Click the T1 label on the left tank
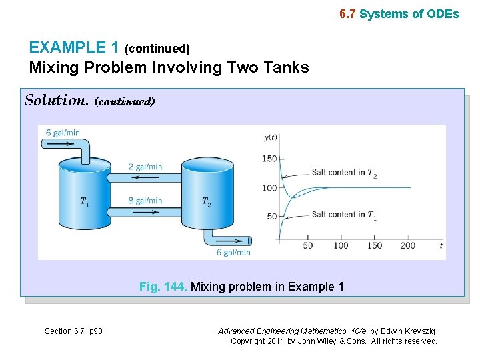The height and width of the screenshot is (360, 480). pyautogui.click(x=85, y=201)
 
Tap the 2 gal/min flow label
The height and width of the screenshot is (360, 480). pyautogui.click(x=145, y=167)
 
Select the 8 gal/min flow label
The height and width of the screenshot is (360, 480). pyautogui.click(x=145, y=201)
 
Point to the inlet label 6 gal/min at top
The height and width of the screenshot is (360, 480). pyautogui.click(x=63, y=133)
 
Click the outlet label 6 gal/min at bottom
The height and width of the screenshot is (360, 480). pyautogui.click(x=233, y=252)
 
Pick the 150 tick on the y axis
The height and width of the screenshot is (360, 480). pyautogui.click(x=269, y=159)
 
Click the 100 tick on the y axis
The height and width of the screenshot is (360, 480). pyautogui.click(x=269, y=188)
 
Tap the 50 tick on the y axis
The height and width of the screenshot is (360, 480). pyautogui.click(x=272, y=217)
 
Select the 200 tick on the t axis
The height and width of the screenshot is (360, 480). pyautogui.click(x=408, y=245)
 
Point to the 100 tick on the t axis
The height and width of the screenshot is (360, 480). pyautogui.click(x=341, y=245)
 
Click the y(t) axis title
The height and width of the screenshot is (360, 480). pyautogui.click(x=271, y=138)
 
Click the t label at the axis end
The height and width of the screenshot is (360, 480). pyautogui.click(x=441, y=246)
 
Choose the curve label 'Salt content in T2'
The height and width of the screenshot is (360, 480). pyautogui.click(x=344, y=172)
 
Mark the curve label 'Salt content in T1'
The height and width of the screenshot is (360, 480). pyautogui.click(x=344, y=214)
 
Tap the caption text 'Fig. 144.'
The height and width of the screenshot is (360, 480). pyautogui.click(x=163, y=287)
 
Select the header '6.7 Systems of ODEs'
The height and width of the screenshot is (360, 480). pyautogui.click(x=399, y=13)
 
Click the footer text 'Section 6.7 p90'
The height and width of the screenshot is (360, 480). pyautogui.click(x=73, y=331)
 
